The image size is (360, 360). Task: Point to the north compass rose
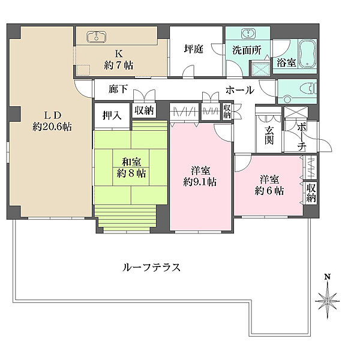(327, 298)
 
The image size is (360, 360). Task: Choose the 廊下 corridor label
(118, 89)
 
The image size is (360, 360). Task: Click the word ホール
(239, 90)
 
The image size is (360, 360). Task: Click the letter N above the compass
(327, 277)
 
